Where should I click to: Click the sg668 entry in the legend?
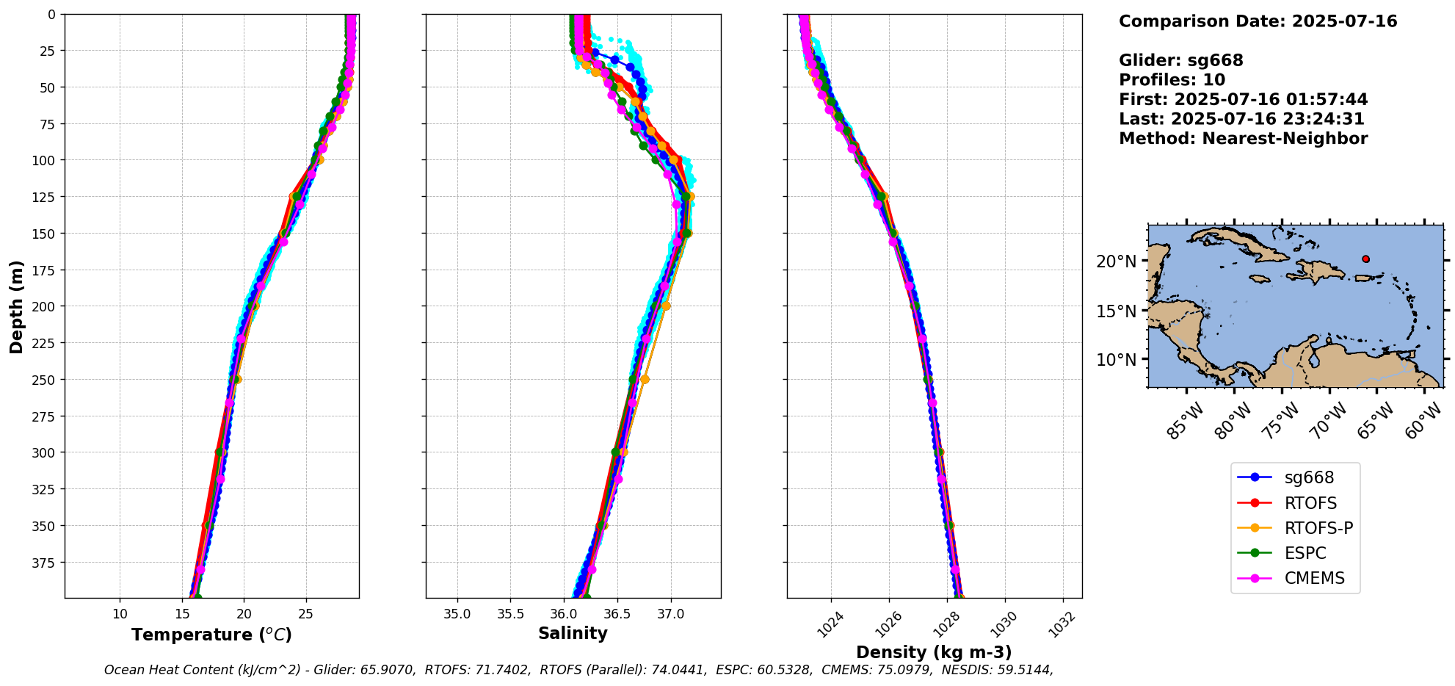click(x=1308, y=477)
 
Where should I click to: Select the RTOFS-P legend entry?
click(x=1318, y=528)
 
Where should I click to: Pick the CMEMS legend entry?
click(x=1314, y=578)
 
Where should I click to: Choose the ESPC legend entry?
click(x=1305, y=553)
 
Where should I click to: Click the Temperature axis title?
click(x=211, y=635)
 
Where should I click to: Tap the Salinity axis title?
click(x=573, y=633)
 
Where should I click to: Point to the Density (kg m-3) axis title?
click(x=934, y=652)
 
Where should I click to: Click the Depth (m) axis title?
click(x=16, y=306)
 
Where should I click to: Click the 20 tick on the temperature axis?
click(x=244, y=614)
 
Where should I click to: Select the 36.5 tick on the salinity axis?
click(x=617, y=614)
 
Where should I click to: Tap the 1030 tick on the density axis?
click(x=1004, y=624)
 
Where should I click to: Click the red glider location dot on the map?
click(x=1365, y=259)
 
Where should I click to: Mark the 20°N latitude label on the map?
click(x=1116, y=261)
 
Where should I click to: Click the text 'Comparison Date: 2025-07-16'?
click(x=1258, y=21)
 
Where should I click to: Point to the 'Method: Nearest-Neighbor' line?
click(x=1243, y=139)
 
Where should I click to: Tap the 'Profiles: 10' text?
click(x=1172, y=80)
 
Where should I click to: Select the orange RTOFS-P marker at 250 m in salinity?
click(x=645, y=380)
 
